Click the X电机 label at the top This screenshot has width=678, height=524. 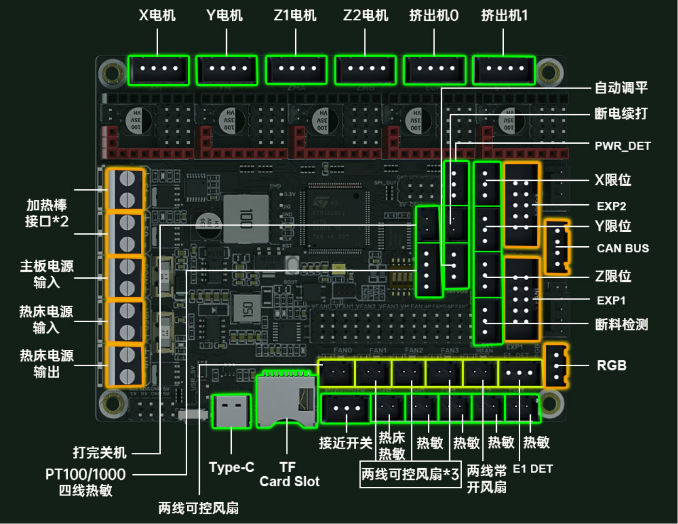tap(157, 15)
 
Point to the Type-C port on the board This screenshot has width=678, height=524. tap(231, 411)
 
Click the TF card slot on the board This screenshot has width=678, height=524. tap(286, 399)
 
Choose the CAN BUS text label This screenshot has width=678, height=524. tap(622, 248)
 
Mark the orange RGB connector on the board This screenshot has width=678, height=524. tap(557, 366)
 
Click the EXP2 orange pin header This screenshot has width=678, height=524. tap(521, 205)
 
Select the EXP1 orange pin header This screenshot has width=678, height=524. tap(521, 299)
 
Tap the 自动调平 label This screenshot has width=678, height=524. tap(621, 88)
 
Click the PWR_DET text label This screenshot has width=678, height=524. tap(622, 146)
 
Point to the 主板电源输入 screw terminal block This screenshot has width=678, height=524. tap(125, 277)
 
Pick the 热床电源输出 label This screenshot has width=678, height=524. tap(46, 363)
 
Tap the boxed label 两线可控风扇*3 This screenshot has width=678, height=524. tap(410, 474)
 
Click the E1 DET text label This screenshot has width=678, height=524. tap(532, 468)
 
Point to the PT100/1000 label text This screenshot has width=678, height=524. tap(85, 474)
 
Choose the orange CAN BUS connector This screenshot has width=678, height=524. tap(557, 247)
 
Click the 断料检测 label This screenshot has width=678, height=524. tap(621, 324)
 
